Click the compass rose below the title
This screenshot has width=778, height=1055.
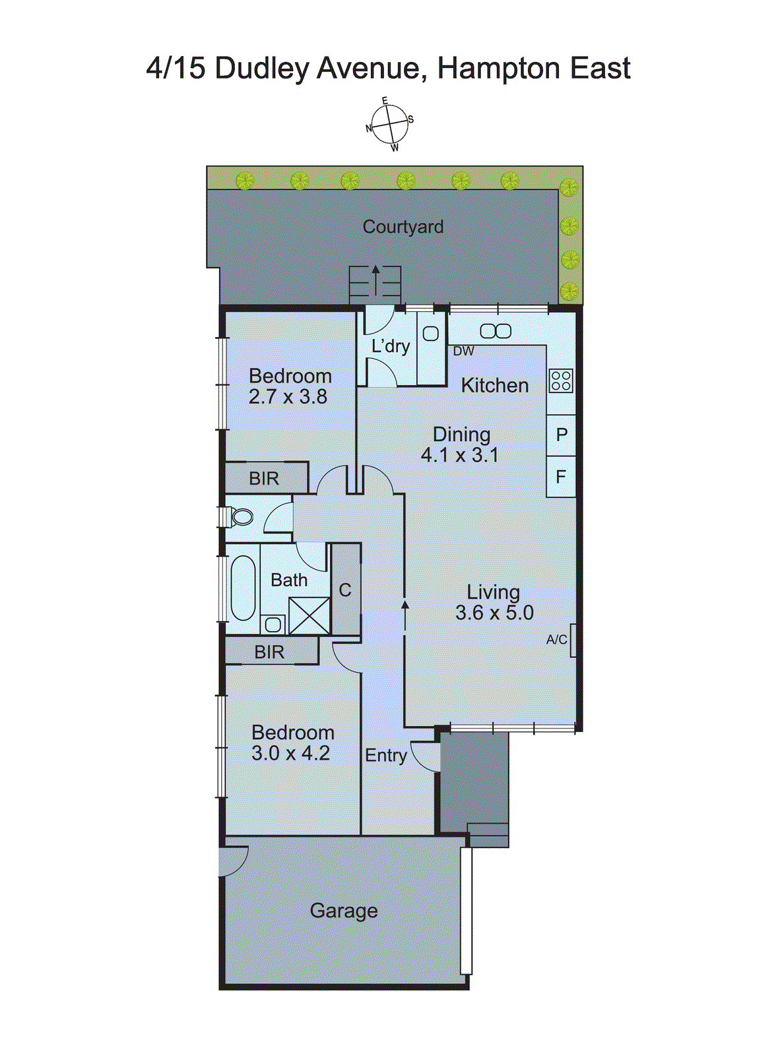[x=389, y=124]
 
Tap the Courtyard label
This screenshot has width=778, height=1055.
[x=403, y=227]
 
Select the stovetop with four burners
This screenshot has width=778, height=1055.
[x=561, y=381]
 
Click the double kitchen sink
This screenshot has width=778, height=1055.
[x=495, y=331]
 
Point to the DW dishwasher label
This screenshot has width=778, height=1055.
[x=463, y=351]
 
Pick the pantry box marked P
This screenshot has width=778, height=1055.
[x=562, y=435]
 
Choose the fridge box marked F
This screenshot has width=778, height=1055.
[x=561, y=476]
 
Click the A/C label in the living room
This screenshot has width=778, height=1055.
[x=556, y=640]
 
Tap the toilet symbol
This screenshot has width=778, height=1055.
[x=241, y=517]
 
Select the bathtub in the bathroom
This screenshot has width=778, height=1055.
[x=242, y=588]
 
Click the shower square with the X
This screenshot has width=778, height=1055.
[x=309, y=616]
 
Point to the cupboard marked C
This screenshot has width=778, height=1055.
[x=345, y=590]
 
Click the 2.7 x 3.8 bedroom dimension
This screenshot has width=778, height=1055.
[x=288, y=397]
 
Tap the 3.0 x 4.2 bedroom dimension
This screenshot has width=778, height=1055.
[x=290, y=753]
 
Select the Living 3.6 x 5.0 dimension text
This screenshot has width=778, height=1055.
[x=494, y=613]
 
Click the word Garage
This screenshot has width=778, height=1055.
[x=344, y=911]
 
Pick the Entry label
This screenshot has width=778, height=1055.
[x=385, y=756]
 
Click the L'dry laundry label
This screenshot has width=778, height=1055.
[x=391, y=346]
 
